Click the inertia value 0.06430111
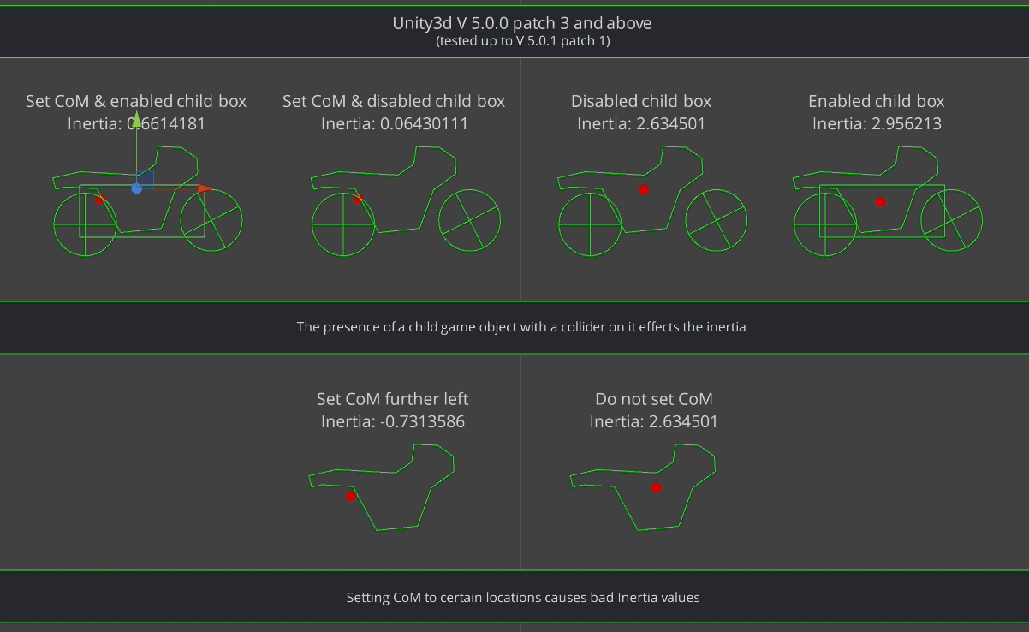pyautogui.click(x=424, y=123)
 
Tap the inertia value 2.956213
pyautogui.click(x=906, y=123)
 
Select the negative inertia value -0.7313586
pyautogui.click(x=422, y=421)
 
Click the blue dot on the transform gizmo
pyautogui.click(x=136, y=188)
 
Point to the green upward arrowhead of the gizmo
pyautogui.click(x=136, y=119)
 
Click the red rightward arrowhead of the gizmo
pyautogui.click(x=205, y=188)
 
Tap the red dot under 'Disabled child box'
pyautogui.click(x=644, y=190)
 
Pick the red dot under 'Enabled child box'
pyautogui.click(x=880, y=202)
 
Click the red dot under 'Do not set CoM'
pyautogui.click(x=657, y=487)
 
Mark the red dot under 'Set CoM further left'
pyautogui.click(x=350, y=497)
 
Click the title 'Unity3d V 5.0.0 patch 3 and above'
pyautogui.click(x=522, y=23)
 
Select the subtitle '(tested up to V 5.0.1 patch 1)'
pyautogui.click(x=523, y=41)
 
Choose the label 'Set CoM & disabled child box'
pyautogui.click(x=394, y=101)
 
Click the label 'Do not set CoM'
pyautogui.click(x=654, y=399)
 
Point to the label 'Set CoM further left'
pyautogui.click(x=392, y=399)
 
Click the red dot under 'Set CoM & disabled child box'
pyautogui.click(x=359, y=199)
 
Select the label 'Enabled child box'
pyautogui.click(x=876, y=101)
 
